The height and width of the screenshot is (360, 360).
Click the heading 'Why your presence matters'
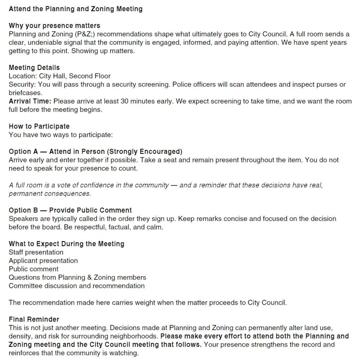[54, 26]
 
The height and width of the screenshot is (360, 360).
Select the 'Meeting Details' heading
[34, 67]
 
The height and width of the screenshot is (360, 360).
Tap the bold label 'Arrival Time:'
[30, 101]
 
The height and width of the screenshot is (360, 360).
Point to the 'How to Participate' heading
[39, 126]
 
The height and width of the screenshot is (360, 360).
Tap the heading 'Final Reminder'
[34, 320]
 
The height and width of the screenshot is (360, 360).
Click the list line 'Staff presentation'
[36, 252]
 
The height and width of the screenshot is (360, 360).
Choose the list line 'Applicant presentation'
[43, 261]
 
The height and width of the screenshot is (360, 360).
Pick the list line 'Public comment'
[33, 269]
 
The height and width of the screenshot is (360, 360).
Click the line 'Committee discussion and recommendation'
[77, 286]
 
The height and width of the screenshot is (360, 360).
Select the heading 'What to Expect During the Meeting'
[66, 244]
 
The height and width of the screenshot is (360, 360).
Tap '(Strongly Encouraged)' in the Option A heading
[144, 152]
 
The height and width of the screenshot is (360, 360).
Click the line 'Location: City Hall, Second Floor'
[60, 76]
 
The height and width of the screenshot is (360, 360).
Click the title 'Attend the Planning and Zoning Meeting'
[76, 9]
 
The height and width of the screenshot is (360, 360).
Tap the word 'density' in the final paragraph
[20, 336]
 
